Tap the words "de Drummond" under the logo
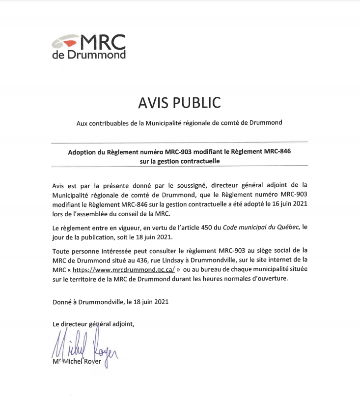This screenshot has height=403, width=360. pyautogui.click(x=89, y=55)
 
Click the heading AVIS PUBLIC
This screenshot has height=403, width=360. pyautogui.click(x=179, y=103)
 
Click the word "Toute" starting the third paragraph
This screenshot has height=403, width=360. pyautogui.click(x=60, y=250)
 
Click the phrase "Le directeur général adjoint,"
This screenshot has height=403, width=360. pyautogui.click(x=93, y=324)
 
